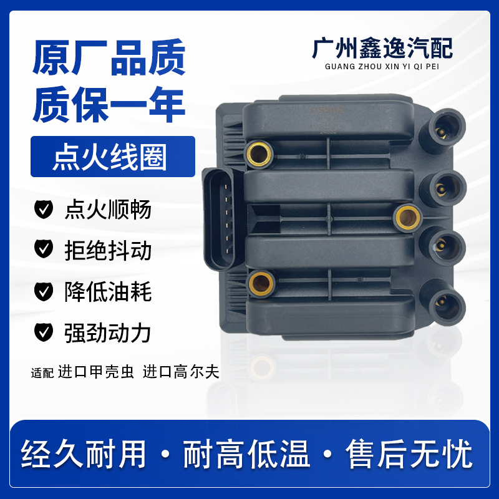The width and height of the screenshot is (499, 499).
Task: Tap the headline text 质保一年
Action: (109, 107)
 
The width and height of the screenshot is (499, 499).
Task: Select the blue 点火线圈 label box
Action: (113, 157)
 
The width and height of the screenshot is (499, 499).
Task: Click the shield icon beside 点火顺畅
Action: (43, 210)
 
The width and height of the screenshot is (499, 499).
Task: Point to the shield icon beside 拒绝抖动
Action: (43, 250)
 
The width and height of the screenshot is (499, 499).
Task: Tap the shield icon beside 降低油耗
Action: (43, 291)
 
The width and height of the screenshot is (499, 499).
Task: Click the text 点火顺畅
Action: (108, 210)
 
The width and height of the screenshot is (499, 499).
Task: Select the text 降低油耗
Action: (108, 291)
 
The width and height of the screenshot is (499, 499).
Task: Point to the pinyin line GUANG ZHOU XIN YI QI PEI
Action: (382, 68)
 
